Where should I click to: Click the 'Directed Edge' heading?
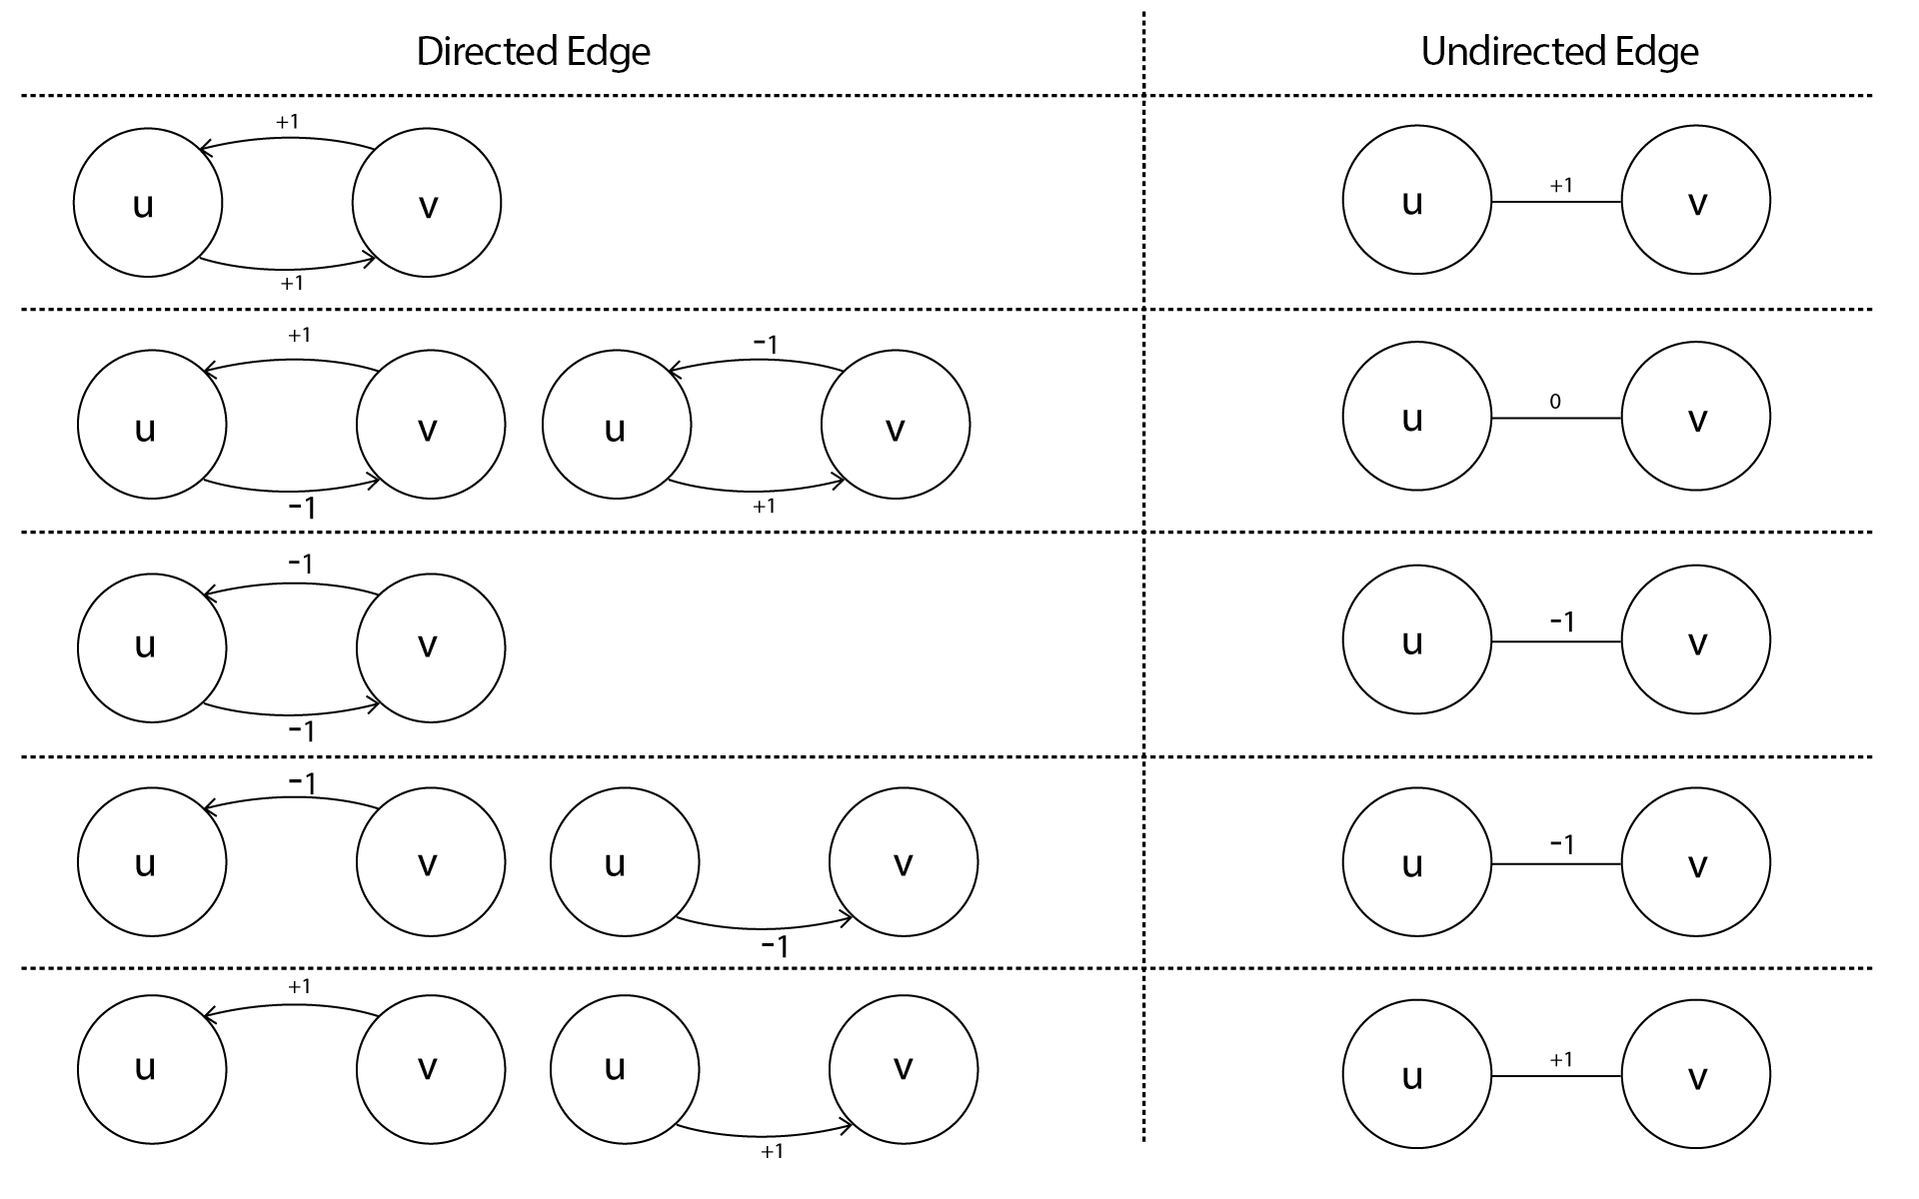533,52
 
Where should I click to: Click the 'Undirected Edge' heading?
1559,52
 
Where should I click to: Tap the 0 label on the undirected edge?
1555,402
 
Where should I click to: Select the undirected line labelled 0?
1556,418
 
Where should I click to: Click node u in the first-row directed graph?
148,203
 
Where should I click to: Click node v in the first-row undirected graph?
1696,200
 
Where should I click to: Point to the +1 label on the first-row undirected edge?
1561,185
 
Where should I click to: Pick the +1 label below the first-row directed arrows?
292,283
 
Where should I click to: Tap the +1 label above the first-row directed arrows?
288,121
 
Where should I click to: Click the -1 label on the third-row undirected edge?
1562,621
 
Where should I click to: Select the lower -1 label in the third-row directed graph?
302,731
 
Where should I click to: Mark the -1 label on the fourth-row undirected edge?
1562,844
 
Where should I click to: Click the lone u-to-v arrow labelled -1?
765,927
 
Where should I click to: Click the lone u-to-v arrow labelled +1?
765,1134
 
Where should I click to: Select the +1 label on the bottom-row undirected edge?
1561,1059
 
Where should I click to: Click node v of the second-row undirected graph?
1696,417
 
